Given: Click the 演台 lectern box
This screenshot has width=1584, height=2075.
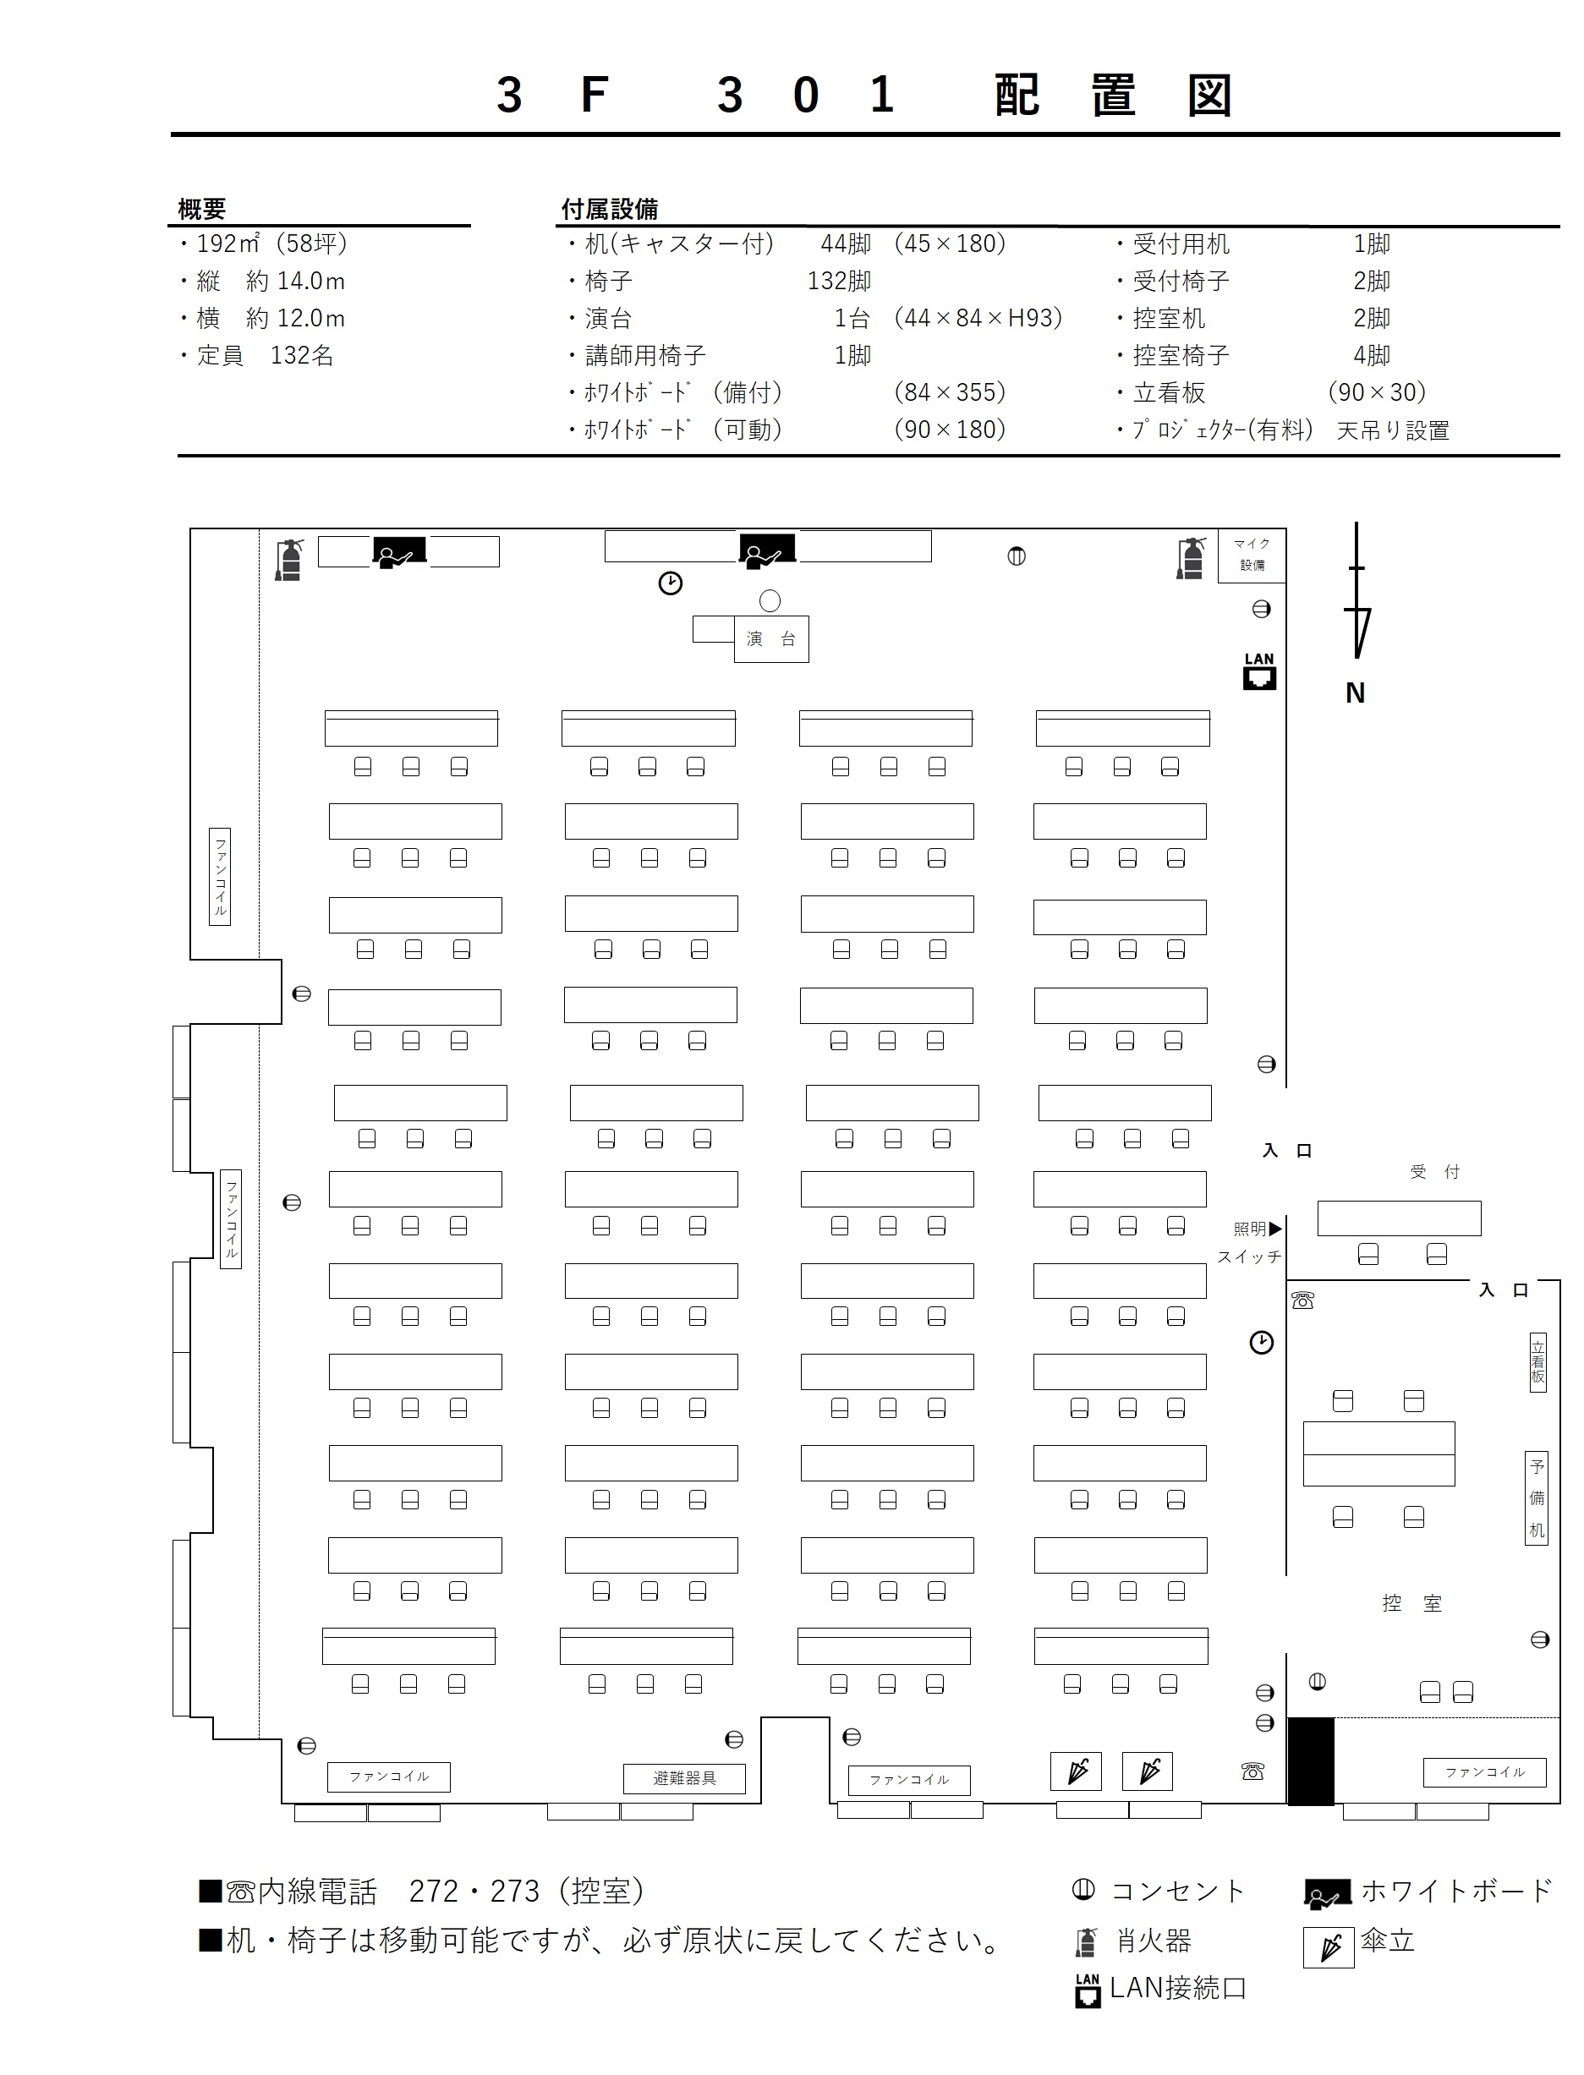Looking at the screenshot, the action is click(771, 638).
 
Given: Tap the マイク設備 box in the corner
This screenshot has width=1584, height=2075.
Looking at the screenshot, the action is click(1252, 556).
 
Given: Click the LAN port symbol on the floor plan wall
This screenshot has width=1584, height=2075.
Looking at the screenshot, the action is click(1258, 671).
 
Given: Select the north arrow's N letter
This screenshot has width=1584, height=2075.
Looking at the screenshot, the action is click(1355, 693).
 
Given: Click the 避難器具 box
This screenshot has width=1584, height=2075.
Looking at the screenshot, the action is click(684, 1778).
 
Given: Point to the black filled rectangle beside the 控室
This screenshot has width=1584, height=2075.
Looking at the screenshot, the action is click(1311, 1761).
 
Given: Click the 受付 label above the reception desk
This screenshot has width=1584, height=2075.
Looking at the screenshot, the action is click(1434, 1172).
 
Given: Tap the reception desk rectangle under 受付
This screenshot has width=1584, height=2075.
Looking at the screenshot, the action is click(1399, 1218).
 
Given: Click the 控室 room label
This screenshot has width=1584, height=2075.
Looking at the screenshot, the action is click(1411, 1604).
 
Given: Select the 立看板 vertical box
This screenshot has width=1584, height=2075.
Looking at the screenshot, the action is click(1537, 1363).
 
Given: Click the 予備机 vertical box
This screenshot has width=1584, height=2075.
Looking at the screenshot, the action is click(1536, 1498).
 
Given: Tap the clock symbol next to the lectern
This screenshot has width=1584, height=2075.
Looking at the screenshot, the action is click(670, 583).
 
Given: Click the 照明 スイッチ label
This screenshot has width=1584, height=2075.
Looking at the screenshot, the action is click(1249, 1243).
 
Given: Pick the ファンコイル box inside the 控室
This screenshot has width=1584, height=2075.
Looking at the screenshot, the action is click(1485, 1772).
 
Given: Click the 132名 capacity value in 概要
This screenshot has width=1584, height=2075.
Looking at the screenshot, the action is click(302, 355).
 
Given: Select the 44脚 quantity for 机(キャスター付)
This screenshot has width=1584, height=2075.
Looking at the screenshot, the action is click(846, 244).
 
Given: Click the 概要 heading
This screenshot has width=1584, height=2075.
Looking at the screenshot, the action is click(202, 208).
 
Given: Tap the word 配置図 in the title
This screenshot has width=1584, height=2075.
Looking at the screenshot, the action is click(1114, 96).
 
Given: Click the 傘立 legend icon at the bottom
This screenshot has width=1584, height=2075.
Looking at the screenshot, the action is click(1329, 1947).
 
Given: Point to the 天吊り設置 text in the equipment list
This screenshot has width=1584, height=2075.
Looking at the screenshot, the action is click(1393, 431).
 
